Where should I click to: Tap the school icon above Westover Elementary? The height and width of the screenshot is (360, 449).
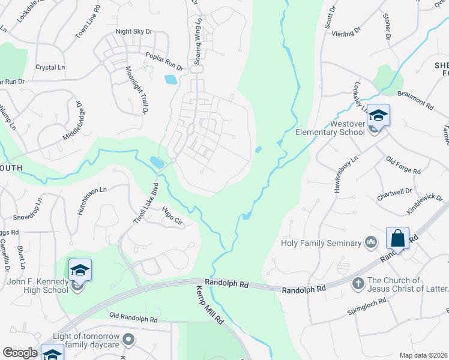coord(379,115)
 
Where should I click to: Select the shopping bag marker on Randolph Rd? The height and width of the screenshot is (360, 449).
coord(397,238)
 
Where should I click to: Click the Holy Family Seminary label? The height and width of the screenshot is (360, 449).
coord(322,243)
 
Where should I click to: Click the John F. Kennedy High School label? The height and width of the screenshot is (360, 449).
coord(38,286)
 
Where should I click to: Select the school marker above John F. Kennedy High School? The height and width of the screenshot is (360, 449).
coord(79,270)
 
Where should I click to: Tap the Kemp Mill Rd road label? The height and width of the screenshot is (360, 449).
coord(209,305)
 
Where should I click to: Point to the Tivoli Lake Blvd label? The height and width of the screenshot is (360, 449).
coord(144,203)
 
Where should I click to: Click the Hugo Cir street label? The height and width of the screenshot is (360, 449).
coord(172,216)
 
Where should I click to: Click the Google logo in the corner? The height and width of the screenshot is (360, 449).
coord(20,353)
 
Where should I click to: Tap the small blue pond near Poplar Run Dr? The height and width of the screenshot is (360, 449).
coord(170,79)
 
